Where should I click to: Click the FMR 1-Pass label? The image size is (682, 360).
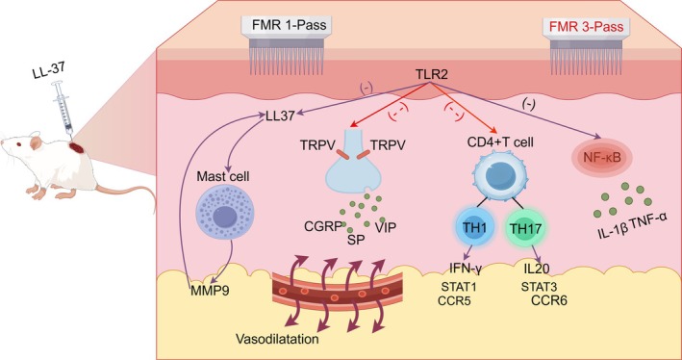coord(290,26)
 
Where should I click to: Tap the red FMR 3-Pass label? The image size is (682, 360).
coord(584,27)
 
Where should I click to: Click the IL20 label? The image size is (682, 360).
coord(535,269)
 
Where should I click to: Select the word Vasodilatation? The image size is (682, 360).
coord(274,338)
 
